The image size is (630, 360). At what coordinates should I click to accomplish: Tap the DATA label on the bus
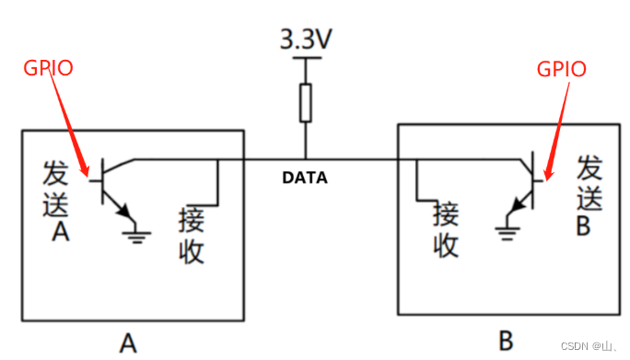coord(304,178)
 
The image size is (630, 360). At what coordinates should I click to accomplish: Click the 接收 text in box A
coord(191,235)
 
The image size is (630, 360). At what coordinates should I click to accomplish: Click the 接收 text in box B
coord(446,229)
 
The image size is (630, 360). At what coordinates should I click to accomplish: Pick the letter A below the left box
coord(128,343)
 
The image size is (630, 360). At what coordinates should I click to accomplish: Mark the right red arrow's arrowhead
coord(548,172)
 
